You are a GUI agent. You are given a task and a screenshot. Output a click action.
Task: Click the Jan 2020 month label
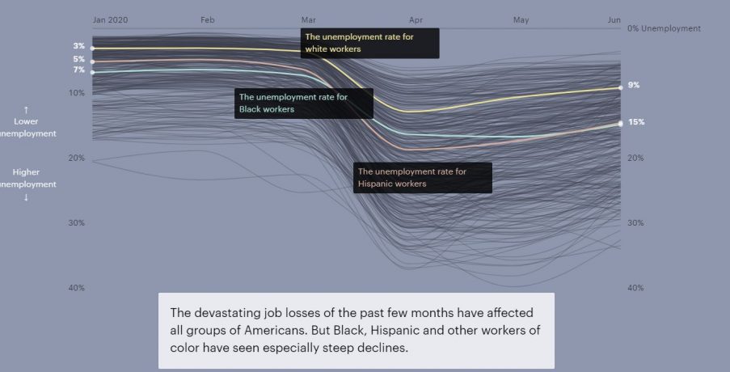pos(110,19)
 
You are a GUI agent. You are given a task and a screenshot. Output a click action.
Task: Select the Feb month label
pos(208,19)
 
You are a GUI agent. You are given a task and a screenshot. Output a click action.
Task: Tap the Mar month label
pos(308,19)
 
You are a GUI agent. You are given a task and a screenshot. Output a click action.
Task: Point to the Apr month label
pos(416,19)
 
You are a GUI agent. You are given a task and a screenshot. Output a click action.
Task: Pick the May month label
pos(521,19)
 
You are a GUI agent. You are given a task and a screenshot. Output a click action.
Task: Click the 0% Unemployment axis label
pos(664,28)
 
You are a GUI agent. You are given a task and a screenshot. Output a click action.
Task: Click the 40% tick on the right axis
pos(635,288)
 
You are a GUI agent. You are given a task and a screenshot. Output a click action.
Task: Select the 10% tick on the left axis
pos(77,93)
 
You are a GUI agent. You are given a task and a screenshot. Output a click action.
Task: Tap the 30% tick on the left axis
pos(77,223)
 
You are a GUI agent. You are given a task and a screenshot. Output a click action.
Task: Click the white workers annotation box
pos(369,44)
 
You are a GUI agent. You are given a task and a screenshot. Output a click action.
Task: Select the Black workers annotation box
pos(303,104)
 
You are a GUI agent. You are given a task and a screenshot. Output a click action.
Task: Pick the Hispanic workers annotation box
pos(423,178)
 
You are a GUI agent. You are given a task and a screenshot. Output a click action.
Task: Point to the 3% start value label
pos(79,46)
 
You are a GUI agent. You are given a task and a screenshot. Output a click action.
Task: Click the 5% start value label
pos(79,59)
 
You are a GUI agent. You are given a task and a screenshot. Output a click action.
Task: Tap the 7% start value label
pos(79,70)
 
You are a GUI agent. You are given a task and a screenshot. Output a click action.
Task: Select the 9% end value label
pos(634,85)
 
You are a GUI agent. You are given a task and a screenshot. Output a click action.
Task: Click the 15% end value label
pos(636,122)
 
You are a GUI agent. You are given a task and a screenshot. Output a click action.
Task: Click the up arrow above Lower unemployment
pos(26,109)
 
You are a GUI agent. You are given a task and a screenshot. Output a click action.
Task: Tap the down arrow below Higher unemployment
pos(26,197)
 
